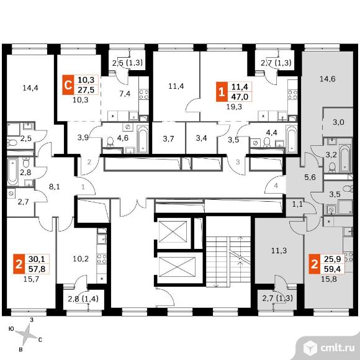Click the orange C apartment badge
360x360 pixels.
click(68, 84)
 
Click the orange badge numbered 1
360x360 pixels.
click(222, 92)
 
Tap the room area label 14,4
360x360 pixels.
click(30, 88)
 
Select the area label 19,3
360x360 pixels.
click(234, 107)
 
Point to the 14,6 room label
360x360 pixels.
click(327, 79)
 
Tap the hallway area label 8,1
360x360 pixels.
click(55, 187)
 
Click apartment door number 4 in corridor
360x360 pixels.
click(276, 186)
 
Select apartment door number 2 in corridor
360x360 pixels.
click(89, 162)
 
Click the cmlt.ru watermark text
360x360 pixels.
click(338, 348)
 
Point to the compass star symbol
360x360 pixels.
click(27, 333)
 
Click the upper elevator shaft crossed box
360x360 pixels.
click(173, 232)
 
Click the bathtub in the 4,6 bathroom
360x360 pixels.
click(143, 139)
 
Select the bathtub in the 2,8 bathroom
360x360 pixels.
click(12, 171)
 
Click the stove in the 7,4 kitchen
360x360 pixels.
click(144, 94)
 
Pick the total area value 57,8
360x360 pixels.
click(37, 268)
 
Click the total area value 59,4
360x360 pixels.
click(333, 269)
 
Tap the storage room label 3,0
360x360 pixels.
click(338, 122)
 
